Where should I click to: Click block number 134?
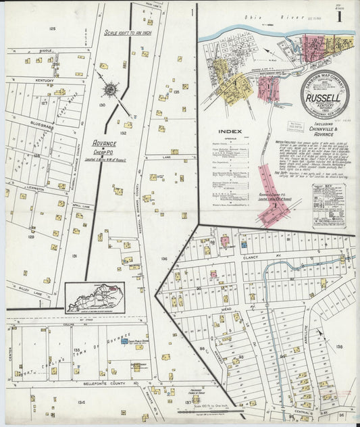click(81, 402)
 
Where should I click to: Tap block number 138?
click(339, 347)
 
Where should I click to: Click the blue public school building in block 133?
click(123, 342)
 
